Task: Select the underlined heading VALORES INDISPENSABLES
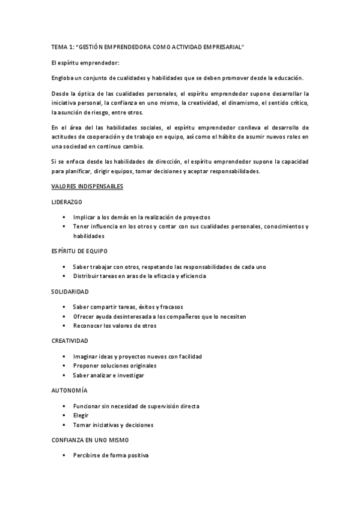click(x=87, y=186)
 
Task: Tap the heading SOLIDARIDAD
click(x=70, y=291)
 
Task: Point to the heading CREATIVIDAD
click(x=69, y=340)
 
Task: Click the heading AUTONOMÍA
click(x=69, y=390)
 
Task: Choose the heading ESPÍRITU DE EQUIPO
click(x=79, y=250)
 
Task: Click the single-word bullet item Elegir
click(x=81, y=415)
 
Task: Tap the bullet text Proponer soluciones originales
click(x=114, y=366)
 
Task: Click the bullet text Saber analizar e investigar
click(x=108, y=375)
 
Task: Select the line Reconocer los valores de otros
click(x=114, y=326)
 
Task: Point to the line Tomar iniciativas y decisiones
click(x=113, y=425)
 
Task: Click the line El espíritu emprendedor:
click(x=85, y=63)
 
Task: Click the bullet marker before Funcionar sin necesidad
click(x=63, y=406)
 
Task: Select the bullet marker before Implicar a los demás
click(x=63, y=217)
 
